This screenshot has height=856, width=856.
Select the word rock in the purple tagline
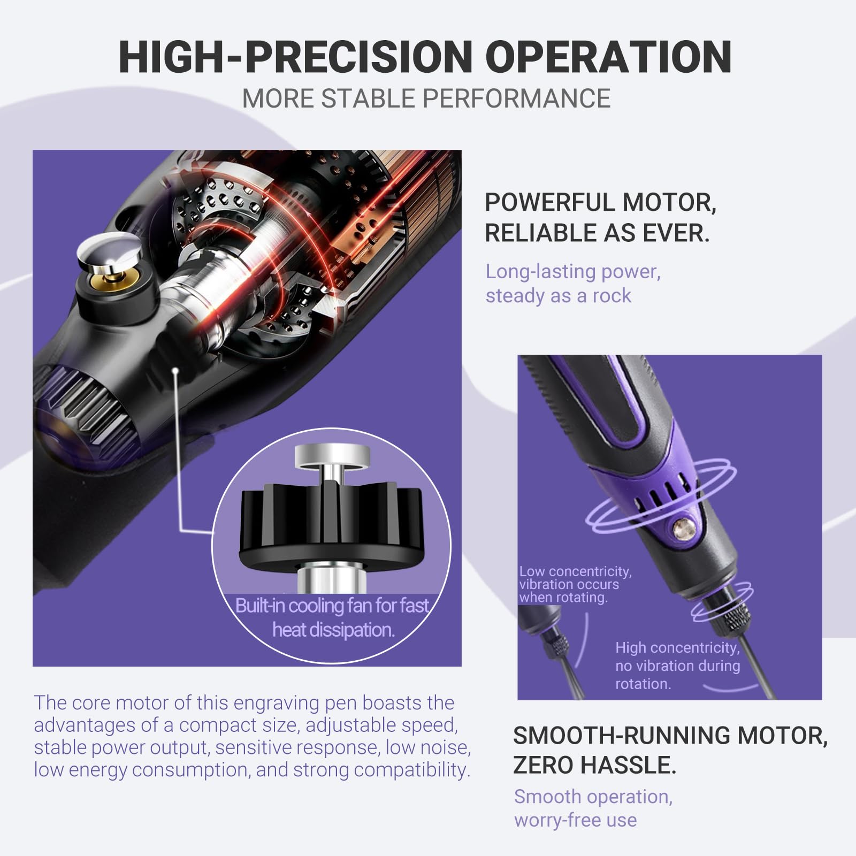[612, 296]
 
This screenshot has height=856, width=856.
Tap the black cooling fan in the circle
[332, 526]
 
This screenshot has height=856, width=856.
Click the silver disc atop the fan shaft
[332, 456]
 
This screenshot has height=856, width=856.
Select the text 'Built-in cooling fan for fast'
[332, 605]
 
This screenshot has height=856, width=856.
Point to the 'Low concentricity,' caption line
[575, 571]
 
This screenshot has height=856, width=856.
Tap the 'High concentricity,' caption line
[677, 647]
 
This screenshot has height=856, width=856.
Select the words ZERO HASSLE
[595, 765]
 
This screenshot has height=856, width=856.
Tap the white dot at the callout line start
[175, 370]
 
